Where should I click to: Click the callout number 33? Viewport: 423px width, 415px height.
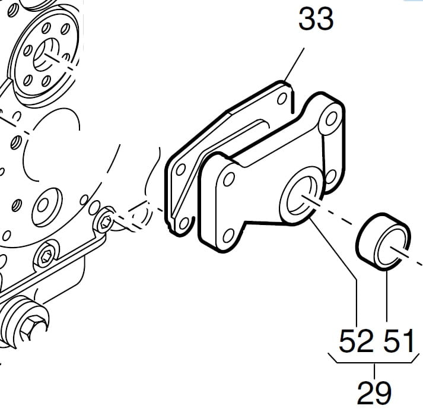(316, 19)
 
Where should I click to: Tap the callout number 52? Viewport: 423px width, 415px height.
(356, 341)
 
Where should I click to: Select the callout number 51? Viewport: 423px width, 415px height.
(399, 341)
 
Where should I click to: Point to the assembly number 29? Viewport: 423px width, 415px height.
(374, 392)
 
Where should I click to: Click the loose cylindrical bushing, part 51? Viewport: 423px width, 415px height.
(383, 242)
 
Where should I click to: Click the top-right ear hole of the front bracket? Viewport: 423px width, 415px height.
(330, 119)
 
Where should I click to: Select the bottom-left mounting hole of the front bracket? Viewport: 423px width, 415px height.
(228, 236)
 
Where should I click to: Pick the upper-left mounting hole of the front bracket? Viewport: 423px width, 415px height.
(229, 179)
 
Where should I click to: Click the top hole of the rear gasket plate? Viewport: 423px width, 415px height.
(282, 99)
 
